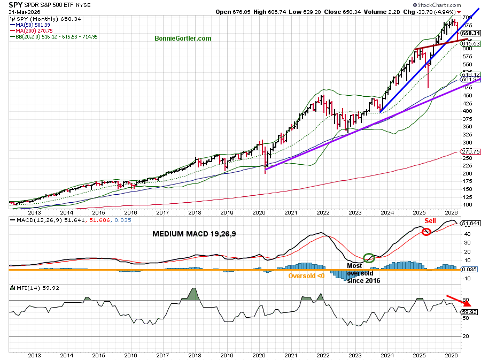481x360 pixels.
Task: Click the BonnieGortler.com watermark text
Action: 182,39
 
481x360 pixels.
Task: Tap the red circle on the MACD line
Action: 426,232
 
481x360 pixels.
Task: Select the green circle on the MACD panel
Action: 368,258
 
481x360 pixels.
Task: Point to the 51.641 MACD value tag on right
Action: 469,224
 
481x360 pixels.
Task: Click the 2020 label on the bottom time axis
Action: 259,354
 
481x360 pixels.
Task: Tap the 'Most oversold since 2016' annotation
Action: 363,273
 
